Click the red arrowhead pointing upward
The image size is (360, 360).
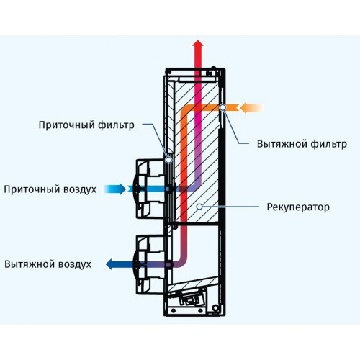(x=198, y=44)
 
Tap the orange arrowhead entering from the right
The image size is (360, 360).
(x=245, y=107)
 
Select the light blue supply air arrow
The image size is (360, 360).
(x=115, y=189)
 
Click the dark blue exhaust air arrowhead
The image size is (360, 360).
(x=109, y=264)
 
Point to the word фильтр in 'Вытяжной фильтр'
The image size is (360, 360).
(x=329, y=144)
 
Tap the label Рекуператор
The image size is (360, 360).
(x=298, y=207)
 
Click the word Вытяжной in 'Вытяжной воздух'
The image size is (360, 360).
(x=29, y=264)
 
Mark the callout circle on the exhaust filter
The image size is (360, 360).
(x=223, y=107)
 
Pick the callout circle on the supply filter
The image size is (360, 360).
(x=169, y=160)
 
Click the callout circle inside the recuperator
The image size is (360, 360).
(x=199, y=207)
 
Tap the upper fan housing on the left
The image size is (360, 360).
(x=150, y=189)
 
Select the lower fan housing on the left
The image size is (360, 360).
(x=150, y=264)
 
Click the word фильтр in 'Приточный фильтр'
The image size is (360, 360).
(x=116, y=125)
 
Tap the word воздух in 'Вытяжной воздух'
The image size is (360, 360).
(x=75, y=264)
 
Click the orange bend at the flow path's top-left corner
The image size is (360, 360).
(x=185, y=109)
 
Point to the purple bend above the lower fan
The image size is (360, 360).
(x=182, y=262)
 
